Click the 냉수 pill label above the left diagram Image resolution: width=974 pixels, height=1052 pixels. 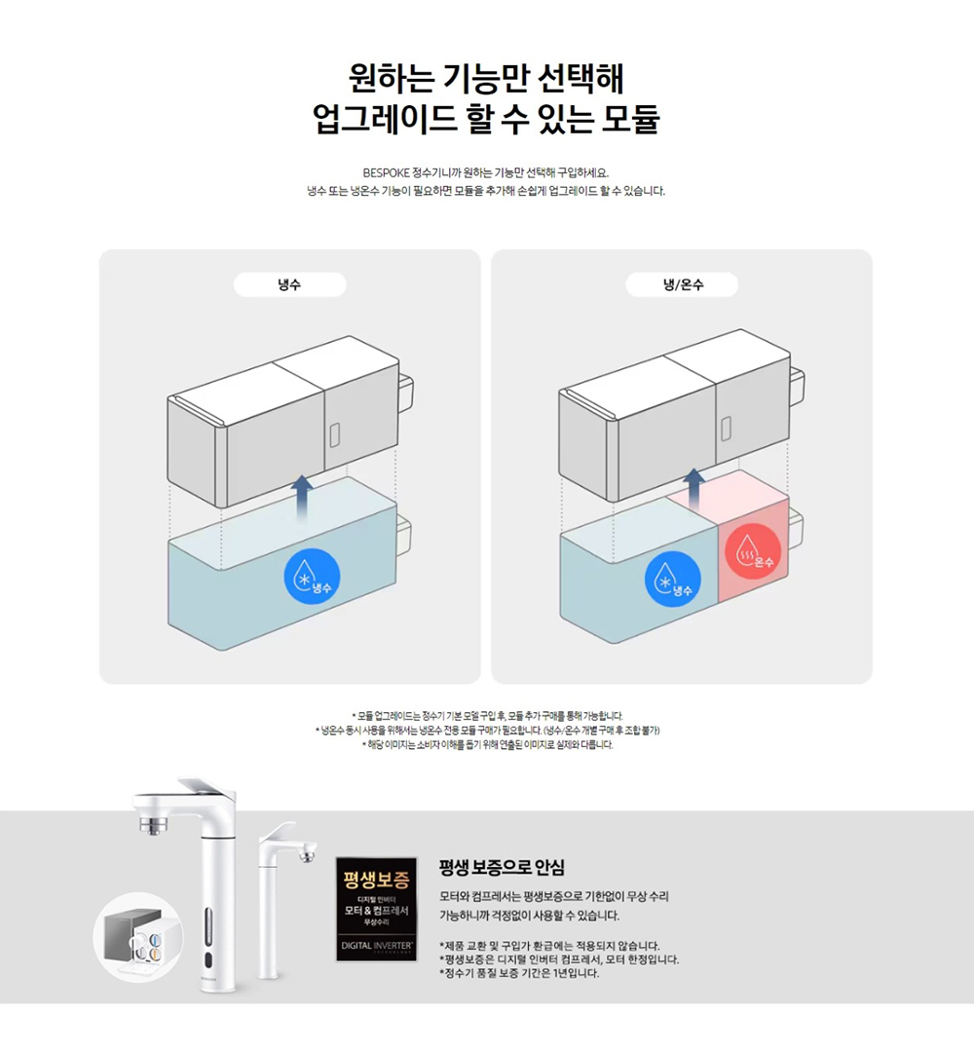coord(290,284)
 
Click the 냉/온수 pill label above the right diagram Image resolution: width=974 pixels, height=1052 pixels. coord(682,284)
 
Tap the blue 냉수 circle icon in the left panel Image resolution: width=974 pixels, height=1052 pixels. coord(312,577)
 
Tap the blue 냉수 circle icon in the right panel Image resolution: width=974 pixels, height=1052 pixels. coord(673,579)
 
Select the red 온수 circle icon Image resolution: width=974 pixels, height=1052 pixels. coord(753,551)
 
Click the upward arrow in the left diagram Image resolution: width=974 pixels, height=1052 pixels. coord(303,499)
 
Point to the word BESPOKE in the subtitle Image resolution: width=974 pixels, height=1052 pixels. coord(386,173)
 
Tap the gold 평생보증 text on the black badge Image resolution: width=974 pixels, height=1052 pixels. coord(376,880)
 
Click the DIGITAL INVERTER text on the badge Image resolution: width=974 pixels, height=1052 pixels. coord(376,945)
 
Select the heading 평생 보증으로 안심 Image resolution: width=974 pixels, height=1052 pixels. coord(502,868)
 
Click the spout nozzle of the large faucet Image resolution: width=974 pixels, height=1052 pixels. coord(154,824)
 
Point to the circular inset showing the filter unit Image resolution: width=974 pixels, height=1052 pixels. coord(138,937)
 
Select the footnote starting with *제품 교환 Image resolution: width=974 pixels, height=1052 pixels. coord(550,946)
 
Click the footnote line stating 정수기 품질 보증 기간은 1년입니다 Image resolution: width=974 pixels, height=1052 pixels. coord(519,973)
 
